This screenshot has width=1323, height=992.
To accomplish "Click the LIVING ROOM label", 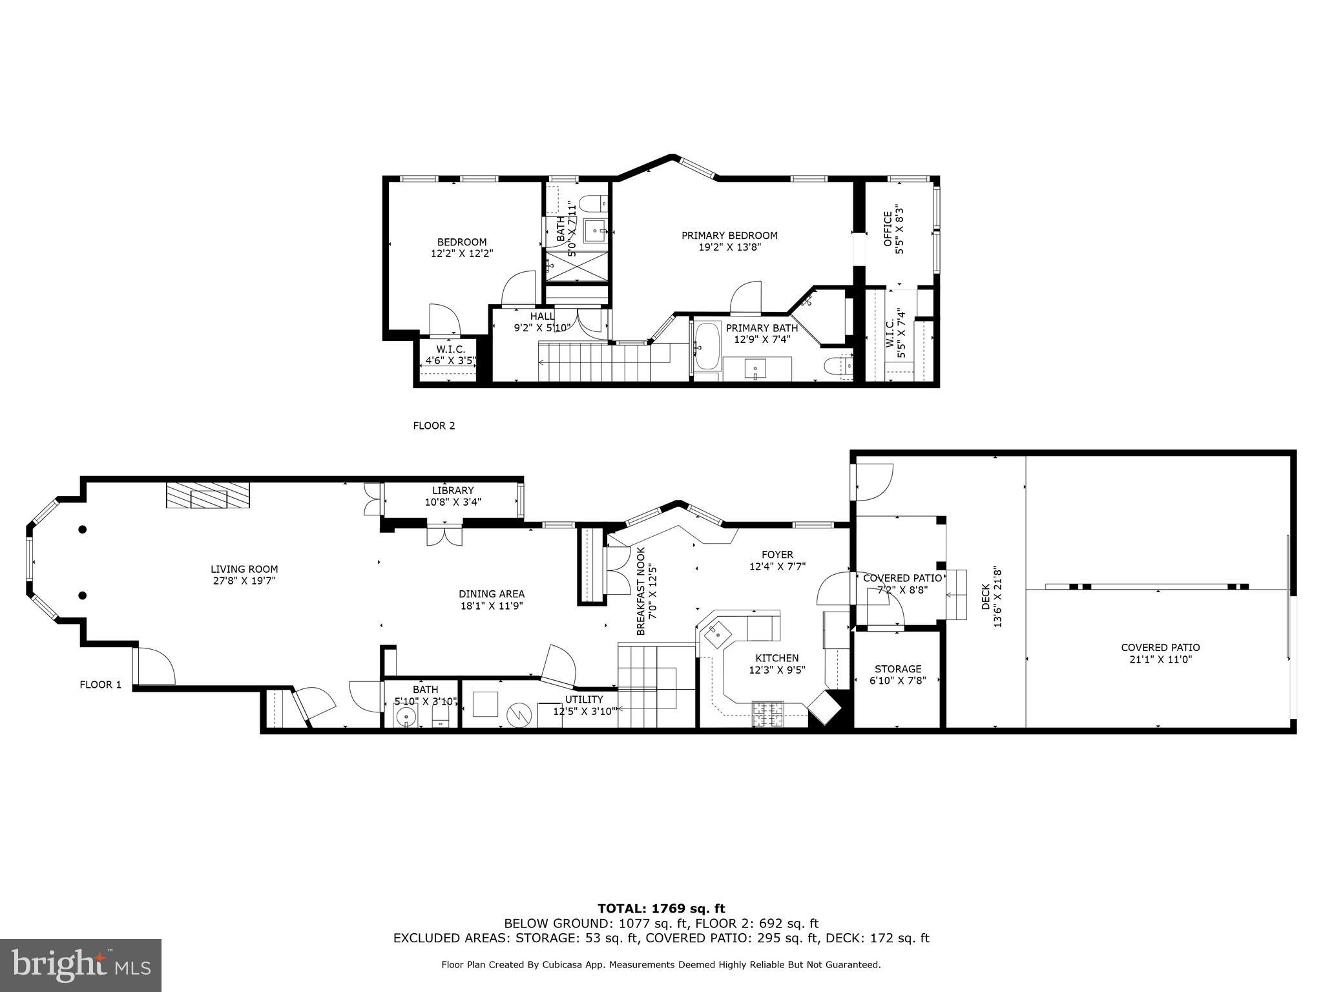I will pyautogui.click(x=244, y=570).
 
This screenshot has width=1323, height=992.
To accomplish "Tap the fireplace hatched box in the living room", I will pyautogui.click(x=208, y=496).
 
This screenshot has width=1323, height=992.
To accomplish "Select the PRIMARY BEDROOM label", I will pyautogui.click(x=729, y=236).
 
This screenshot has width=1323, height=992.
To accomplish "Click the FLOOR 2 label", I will pyautogui.click(x=434, y=426).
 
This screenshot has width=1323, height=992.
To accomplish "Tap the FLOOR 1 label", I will pyautogui.click(x=100, y=685).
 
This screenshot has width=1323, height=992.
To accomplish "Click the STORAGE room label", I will pyautogui.click(x=898, y=669).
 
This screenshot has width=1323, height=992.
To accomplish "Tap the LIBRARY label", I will pyautogui.click(x=453, y=491).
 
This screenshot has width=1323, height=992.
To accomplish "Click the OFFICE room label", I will pyautogui.click(x=888, y=229).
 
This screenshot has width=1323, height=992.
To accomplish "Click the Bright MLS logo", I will pyautogui.click(x=81, y=966).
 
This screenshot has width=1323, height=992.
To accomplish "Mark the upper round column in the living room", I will pyautogui.click(x=83, y=530).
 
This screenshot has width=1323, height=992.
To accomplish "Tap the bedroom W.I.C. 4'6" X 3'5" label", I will pyautogui.click(x=450, y=355).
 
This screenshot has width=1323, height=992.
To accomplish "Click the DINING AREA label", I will pyautogui.click(x=492, y=594).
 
